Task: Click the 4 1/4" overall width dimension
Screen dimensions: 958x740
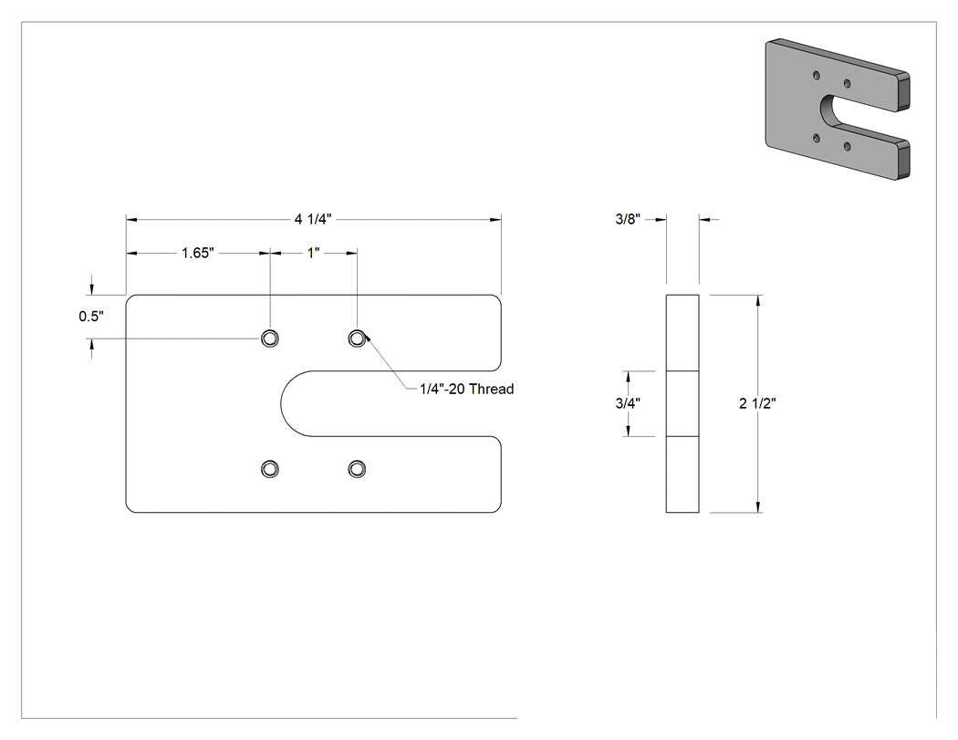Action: point(313,219)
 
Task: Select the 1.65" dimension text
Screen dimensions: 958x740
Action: point(198,253)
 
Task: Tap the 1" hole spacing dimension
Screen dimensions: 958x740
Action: point(314,253)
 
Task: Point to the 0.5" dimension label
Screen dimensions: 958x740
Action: point(91,316)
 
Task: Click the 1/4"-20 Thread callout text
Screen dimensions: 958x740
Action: point(467,389)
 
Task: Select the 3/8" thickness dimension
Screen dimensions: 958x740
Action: point(628,219)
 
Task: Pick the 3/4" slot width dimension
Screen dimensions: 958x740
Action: point(628,403)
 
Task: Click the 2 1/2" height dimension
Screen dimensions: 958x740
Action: point(757,403)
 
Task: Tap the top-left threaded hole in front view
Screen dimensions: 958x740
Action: point(270,338)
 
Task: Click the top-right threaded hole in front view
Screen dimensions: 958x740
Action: point(357,338)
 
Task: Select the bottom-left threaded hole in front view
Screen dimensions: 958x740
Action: point(270,469)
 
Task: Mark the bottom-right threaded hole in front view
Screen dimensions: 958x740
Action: point(357,469)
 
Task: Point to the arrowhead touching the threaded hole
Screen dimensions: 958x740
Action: point(367,336)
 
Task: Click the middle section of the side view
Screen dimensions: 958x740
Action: point(682,403)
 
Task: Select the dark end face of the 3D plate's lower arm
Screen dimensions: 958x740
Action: point(904,160)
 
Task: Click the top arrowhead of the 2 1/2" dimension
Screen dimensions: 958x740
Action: point(759,300)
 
